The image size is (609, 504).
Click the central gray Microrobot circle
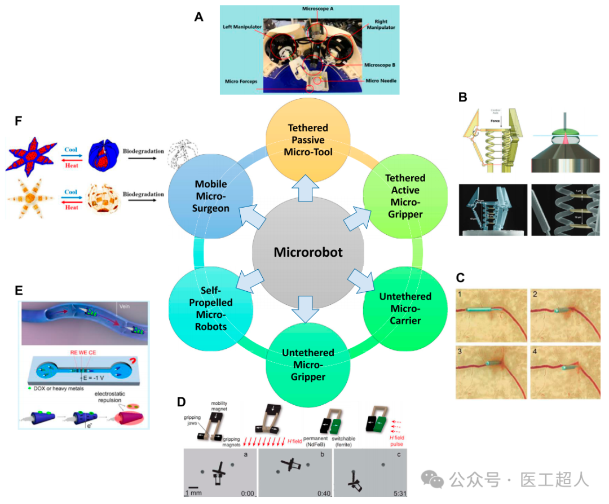point(308,252)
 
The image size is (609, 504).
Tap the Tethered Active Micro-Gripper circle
point(405,196)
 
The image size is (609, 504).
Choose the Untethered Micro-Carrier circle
point(405,309)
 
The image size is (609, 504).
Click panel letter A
point(198,17)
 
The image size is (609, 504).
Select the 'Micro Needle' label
point(380,81)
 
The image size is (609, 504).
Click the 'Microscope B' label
point(379,65)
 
